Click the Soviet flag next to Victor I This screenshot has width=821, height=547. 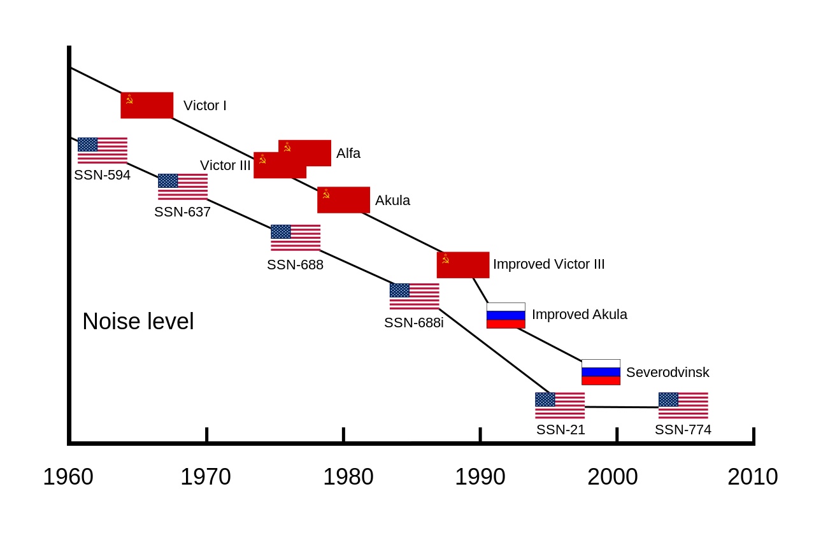tap(146, 105)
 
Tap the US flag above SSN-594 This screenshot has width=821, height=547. tap(102, 150)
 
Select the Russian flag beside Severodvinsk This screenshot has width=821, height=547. tap(601, 372)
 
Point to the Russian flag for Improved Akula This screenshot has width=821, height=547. tap(506, 315)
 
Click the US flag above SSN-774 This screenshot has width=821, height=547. tap(683, 405)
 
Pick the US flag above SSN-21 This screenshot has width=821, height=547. tap(559, 405)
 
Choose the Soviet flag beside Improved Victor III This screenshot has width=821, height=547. tap(462, 265)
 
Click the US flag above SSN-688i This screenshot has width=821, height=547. tap(414, 296)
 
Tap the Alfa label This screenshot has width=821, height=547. tap(348, 153)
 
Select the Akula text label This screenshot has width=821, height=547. tap(392, 201)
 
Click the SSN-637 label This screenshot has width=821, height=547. tap(182, 212)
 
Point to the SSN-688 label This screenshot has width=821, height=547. tap(295, 265)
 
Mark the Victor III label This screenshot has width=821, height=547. tap(225, 166)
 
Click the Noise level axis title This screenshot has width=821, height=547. tap(138, 322)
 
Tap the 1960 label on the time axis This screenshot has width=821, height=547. tap(68, 477)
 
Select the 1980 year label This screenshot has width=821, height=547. tap(348, 477)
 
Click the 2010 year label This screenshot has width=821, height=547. tap(752, 477)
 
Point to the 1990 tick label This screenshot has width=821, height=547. tap(480, 477)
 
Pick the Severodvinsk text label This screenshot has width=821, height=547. tap(668, 373)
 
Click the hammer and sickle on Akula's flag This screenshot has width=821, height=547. tap(326, 194)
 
